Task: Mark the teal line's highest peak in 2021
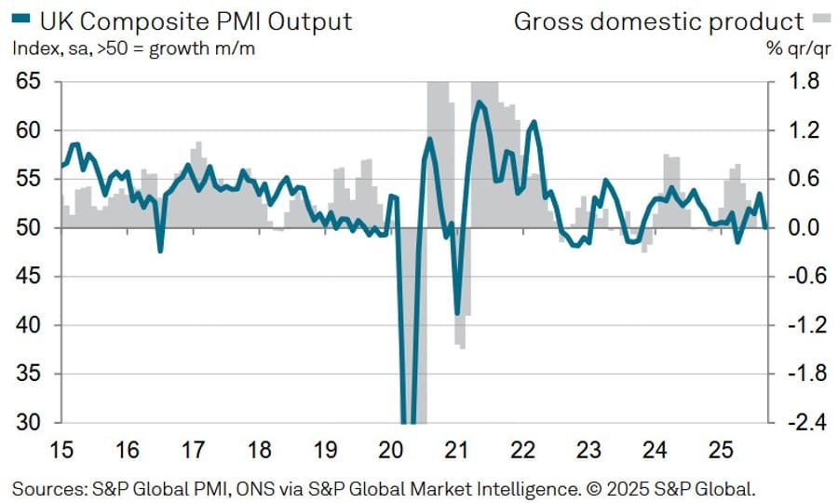point(479,102)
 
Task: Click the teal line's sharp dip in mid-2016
point(160,251)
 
